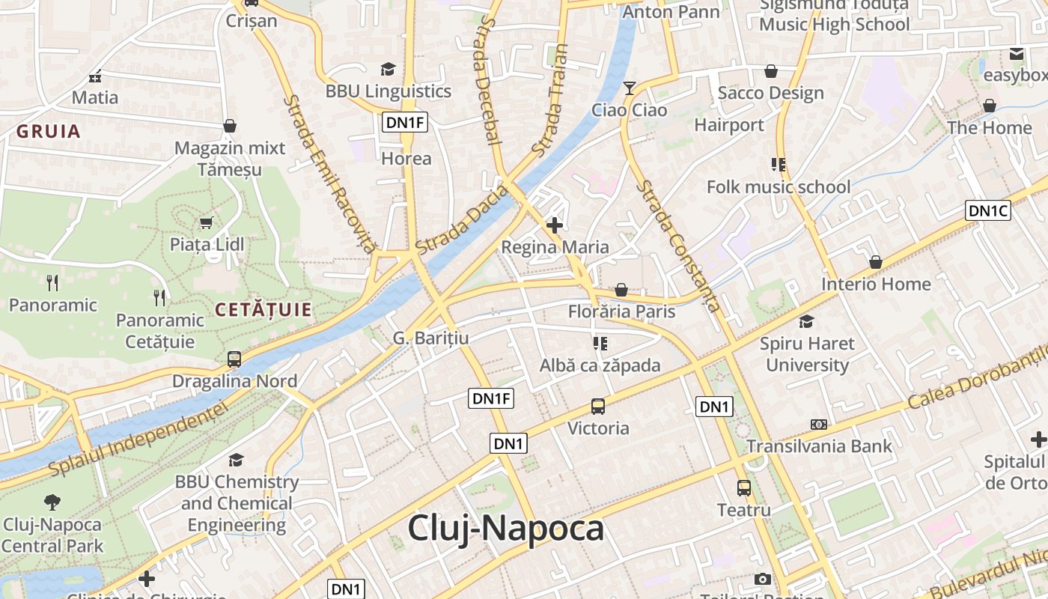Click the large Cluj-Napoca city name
505,529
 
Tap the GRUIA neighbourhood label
48,132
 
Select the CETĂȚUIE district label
263,309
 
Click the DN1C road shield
988,211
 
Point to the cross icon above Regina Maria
555,225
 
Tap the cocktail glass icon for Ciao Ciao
629,88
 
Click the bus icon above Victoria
598,407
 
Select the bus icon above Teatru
744,488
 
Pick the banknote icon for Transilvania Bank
819,425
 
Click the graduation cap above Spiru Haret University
806,322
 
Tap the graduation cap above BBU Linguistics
388,70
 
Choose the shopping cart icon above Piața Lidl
207,222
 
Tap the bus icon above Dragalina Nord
234,359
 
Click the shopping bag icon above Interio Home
875,262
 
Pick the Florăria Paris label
621,311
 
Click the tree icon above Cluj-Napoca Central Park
52,502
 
